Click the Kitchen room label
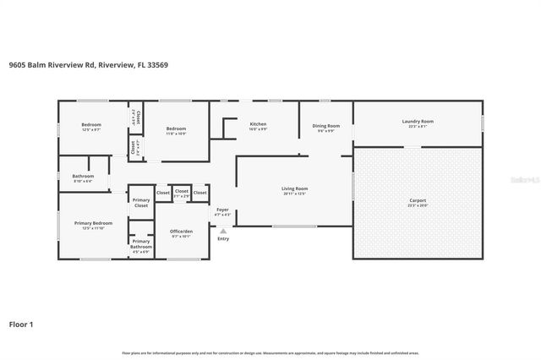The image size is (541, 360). [258, 124]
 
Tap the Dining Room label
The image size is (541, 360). [326, 125]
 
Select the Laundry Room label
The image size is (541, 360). [418, 122]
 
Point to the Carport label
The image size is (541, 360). [418, 199]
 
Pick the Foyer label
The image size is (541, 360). [222, 209]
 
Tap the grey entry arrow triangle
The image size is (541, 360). [223, 229]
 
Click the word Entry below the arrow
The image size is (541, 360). [223, 239]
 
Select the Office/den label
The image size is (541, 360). [182, 232]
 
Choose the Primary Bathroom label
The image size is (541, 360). [141, 244]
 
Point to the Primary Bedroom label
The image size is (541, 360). [87, 223]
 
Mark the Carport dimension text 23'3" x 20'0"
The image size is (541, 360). [418, 205]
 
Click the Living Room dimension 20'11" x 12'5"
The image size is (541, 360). [295, 194]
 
